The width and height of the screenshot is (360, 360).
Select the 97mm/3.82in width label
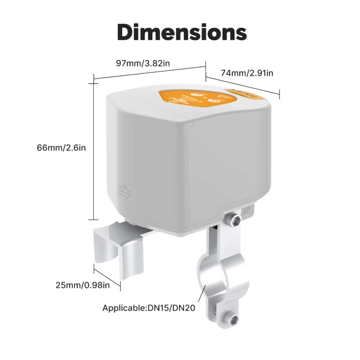(143, 63)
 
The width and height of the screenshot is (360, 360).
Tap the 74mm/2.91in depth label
(247, 72)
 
